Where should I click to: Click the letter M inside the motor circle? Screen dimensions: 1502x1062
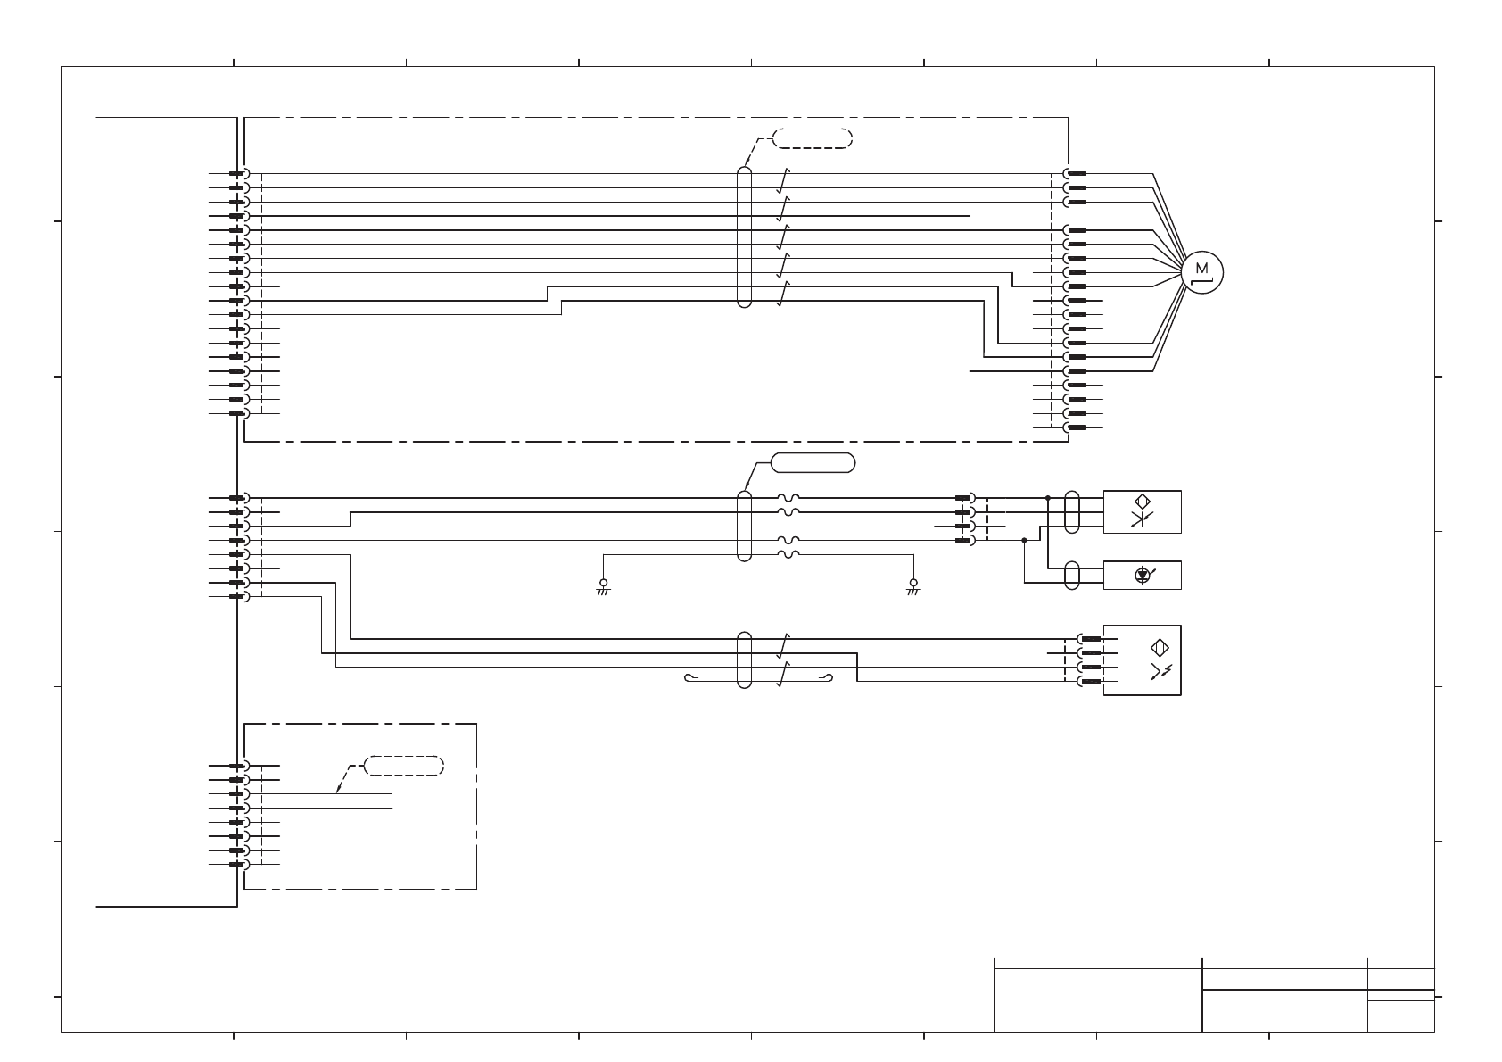1201,269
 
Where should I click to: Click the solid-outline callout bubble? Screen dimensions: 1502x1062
813,462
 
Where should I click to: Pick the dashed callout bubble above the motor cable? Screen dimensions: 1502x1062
813,138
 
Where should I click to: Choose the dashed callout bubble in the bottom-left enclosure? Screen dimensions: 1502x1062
404,766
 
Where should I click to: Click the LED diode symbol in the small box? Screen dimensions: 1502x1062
1142,576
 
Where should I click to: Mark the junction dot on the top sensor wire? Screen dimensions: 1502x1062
1048,498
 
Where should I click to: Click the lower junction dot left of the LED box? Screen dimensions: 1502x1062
1025,540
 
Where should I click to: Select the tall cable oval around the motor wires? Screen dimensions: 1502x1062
745,236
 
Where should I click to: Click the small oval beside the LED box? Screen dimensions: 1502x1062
1072,576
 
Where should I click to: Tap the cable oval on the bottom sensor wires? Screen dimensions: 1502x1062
745,660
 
